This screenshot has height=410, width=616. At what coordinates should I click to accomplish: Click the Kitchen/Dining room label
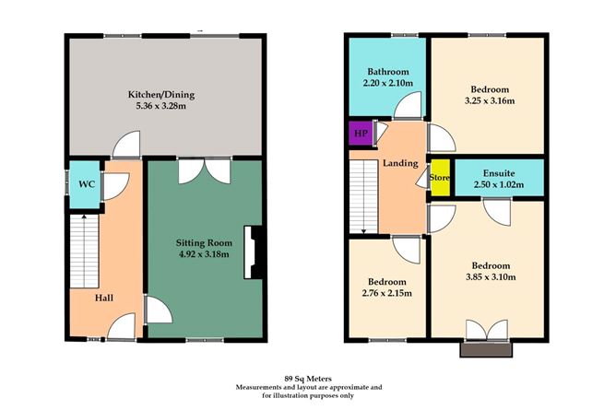160,95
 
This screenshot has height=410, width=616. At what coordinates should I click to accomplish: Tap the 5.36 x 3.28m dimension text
160,107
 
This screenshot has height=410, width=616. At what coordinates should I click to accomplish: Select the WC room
87,183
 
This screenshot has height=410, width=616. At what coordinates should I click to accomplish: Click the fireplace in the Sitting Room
250,252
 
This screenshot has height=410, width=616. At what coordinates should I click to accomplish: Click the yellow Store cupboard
440,179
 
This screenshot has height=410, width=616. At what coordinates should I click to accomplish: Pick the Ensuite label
498,172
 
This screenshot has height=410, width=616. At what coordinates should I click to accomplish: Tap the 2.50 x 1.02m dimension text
498,184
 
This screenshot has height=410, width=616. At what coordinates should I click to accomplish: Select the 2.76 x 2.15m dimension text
386,294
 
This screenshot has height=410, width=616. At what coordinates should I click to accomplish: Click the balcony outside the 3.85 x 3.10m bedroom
485,348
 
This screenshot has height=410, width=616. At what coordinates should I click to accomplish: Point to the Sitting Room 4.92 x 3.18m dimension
203,254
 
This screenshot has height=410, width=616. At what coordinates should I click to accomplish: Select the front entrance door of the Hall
120,327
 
